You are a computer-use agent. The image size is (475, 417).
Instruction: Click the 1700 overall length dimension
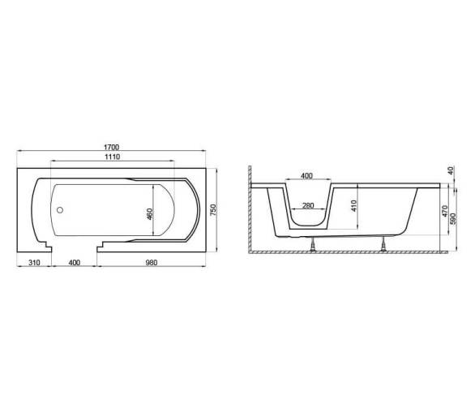point(112,148)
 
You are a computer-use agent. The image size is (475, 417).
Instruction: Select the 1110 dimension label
point(113,157)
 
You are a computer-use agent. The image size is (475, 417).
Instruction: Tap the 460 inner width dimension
point(150,214)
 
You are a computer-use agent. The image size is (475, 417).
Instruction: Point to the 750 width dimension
point(213,210)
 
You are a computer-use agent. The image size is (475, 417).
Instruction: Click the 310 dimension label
point(34,262)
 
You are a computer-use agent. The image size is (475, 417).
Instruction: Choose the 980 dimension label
point(152,262)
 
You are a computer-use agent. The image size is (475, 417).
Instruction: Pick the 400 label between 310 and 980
point(75,262)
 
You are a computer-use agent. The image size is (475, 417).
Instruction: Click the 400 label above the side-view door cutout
point(307,176)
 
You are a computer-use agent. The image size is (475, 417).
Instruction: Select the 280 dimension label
point(308,205)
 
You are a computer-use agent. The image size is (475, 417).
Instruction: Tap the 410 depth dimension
point(355,205)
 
